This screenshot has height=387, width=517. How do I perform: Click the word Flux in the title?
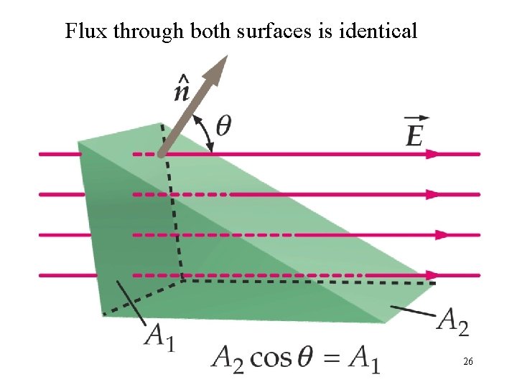[x=80, y=32]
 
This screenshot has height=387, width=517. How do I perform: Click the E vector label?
[x=415, y=132]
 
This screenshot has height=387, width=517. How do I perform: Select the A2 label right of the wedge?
[x=454, y=321]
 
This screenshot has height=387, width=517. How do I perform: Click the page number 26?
[x=467, y=363]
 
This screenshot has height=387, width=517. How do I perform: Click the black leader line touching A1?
[x=129, y=300]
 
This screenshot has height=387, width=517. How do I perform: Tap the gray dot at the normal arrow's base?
[x=162, y=153]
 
